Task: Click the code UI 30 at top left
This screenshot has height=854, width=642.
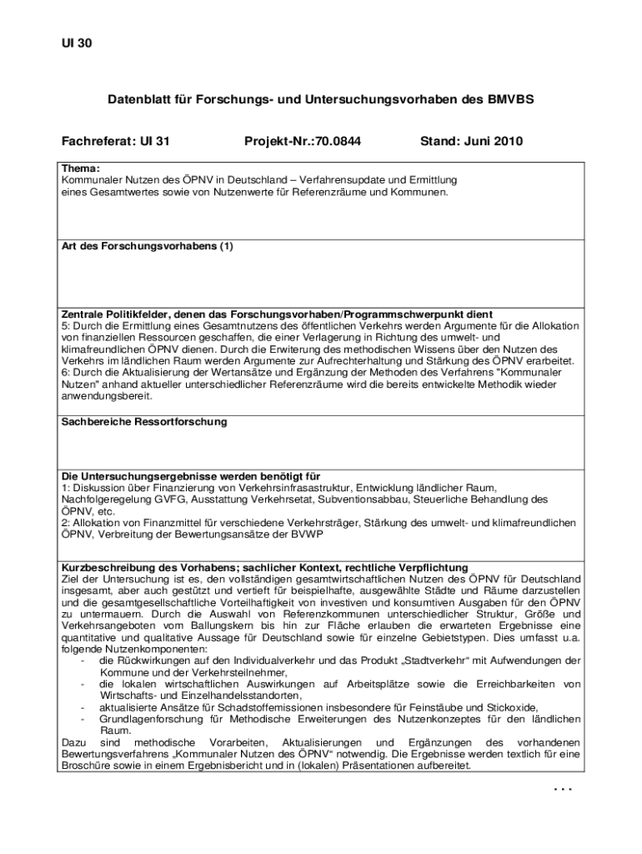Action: coord(76,43)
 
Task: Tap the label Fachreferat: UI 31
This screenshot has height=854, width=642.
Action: coord(115,142)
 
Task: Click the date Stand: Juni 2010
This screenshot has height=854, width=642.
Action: coord(471,142)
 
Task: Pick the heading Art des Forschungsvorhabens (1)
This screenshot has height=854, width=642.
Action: coord(148,247)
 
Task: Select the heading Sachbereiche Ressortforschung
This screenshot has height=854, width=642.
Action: coord(144,422)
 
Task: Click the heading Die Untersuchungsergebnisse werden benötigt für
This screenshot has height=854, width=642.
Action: coord(191,475)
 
